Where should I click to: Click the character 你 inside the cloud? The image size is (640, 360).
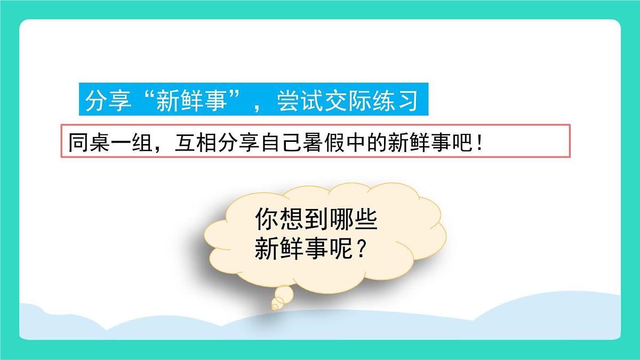tap(266, 219)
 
